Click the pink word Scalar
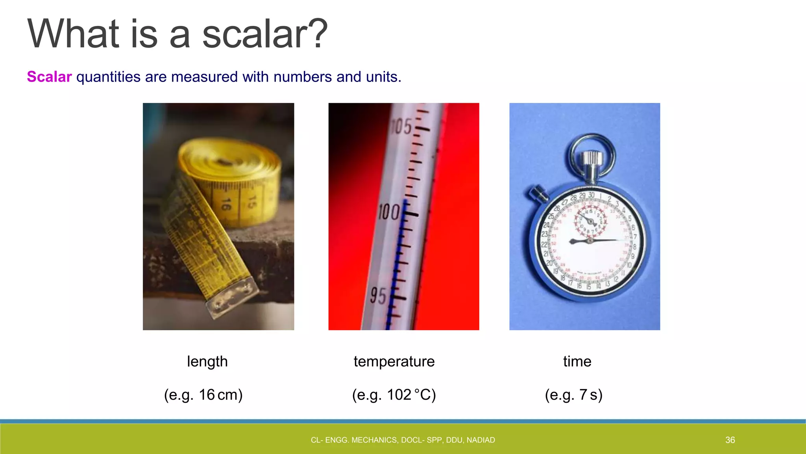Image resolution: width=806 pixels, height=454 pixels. [49, 77]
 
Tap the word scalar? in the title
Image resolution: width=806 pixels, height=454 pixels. [265, 34]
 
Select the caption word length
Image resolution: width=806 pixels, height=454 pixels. [207, 361]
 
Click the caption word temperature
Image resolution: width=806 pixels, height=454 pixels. [394, 361]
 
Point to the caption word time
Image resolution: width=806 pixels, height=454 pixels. [577, 361]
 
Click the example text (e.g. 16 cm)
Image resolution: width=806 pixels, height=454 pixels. [203, 394]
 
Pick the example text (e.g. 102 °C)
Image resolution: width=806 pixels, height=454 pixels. [394, 394]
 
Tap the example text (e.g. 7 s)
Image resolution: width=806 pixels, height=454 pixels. [573, 394]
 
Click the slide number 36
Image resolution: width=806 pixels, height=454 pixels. [730, 440]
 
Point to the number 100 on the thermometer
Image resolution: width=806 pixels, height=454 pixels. [389, 212]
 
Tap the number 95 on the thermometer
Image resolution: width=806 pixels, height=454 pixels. [378, 296]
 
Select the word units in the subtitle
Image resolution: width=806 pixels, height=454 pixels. [381, 77]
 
